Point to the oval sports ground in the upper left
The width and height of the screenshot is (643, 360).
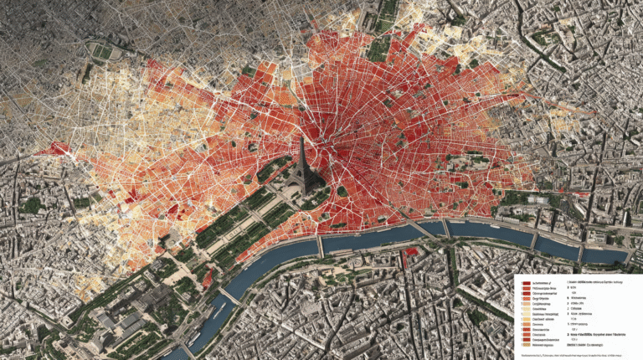point(101,52)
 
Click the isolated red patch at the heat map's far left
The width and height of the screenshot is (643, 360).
point(52,149)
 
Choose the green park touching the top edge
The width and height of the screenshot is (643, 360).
point(388,10)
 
